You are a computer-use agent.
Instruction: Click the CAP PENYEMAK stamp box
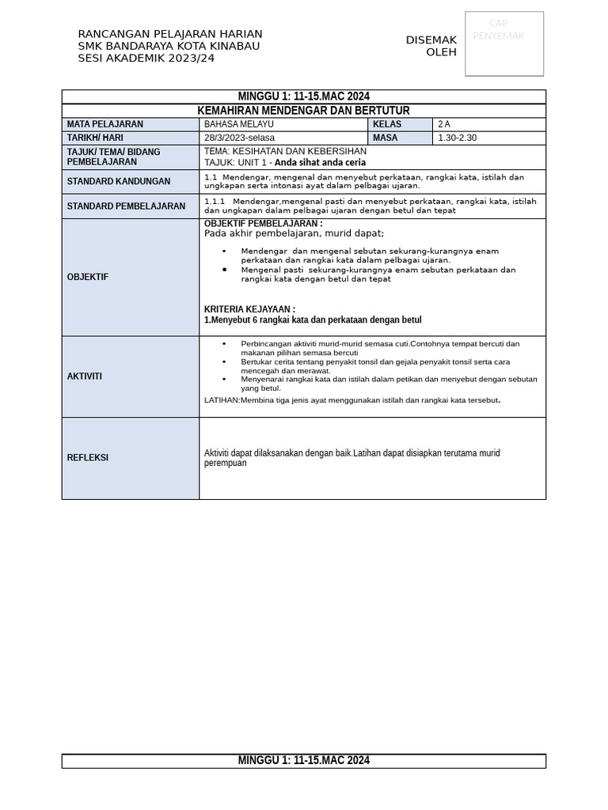point(504,44)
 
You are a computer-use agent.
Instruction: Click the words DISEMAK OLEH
point(431,46)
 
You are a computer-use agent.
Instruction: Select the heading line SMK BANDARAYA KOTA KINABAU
point(169,46)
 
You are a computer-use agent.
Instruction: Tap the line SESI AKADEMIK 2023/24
point(146,58)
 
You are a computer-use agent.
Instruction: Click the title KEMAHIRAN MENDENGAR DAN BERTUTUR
point(303,111)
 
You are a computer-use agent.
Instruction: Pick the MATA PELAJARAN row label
point(105,124)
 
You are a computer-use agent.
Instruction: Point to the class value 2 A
point(444,124)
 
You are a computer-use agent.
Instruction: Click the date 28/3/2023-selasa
point(240,138)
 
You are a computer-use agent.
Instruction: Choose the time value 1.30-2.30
point(458,138)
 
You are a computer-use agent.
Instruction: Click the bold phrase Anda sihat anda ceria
point(320,162)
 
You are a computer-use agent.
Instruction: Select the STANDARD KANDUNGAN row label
point(119,181)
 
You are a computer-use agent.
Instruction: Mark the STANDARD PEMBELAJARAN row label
point(127,206)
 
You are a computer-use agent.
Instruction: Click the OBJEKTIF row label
point(88,277)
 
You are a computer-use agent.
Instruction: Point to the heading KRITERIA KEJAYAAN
point(249,309)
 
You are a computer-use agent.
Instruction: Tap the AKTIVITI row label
point(85,377)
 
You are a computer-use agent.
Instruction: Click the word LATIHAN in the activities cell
point(222,400)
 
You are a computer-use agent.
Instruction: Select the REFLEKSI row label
point(88,457)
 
